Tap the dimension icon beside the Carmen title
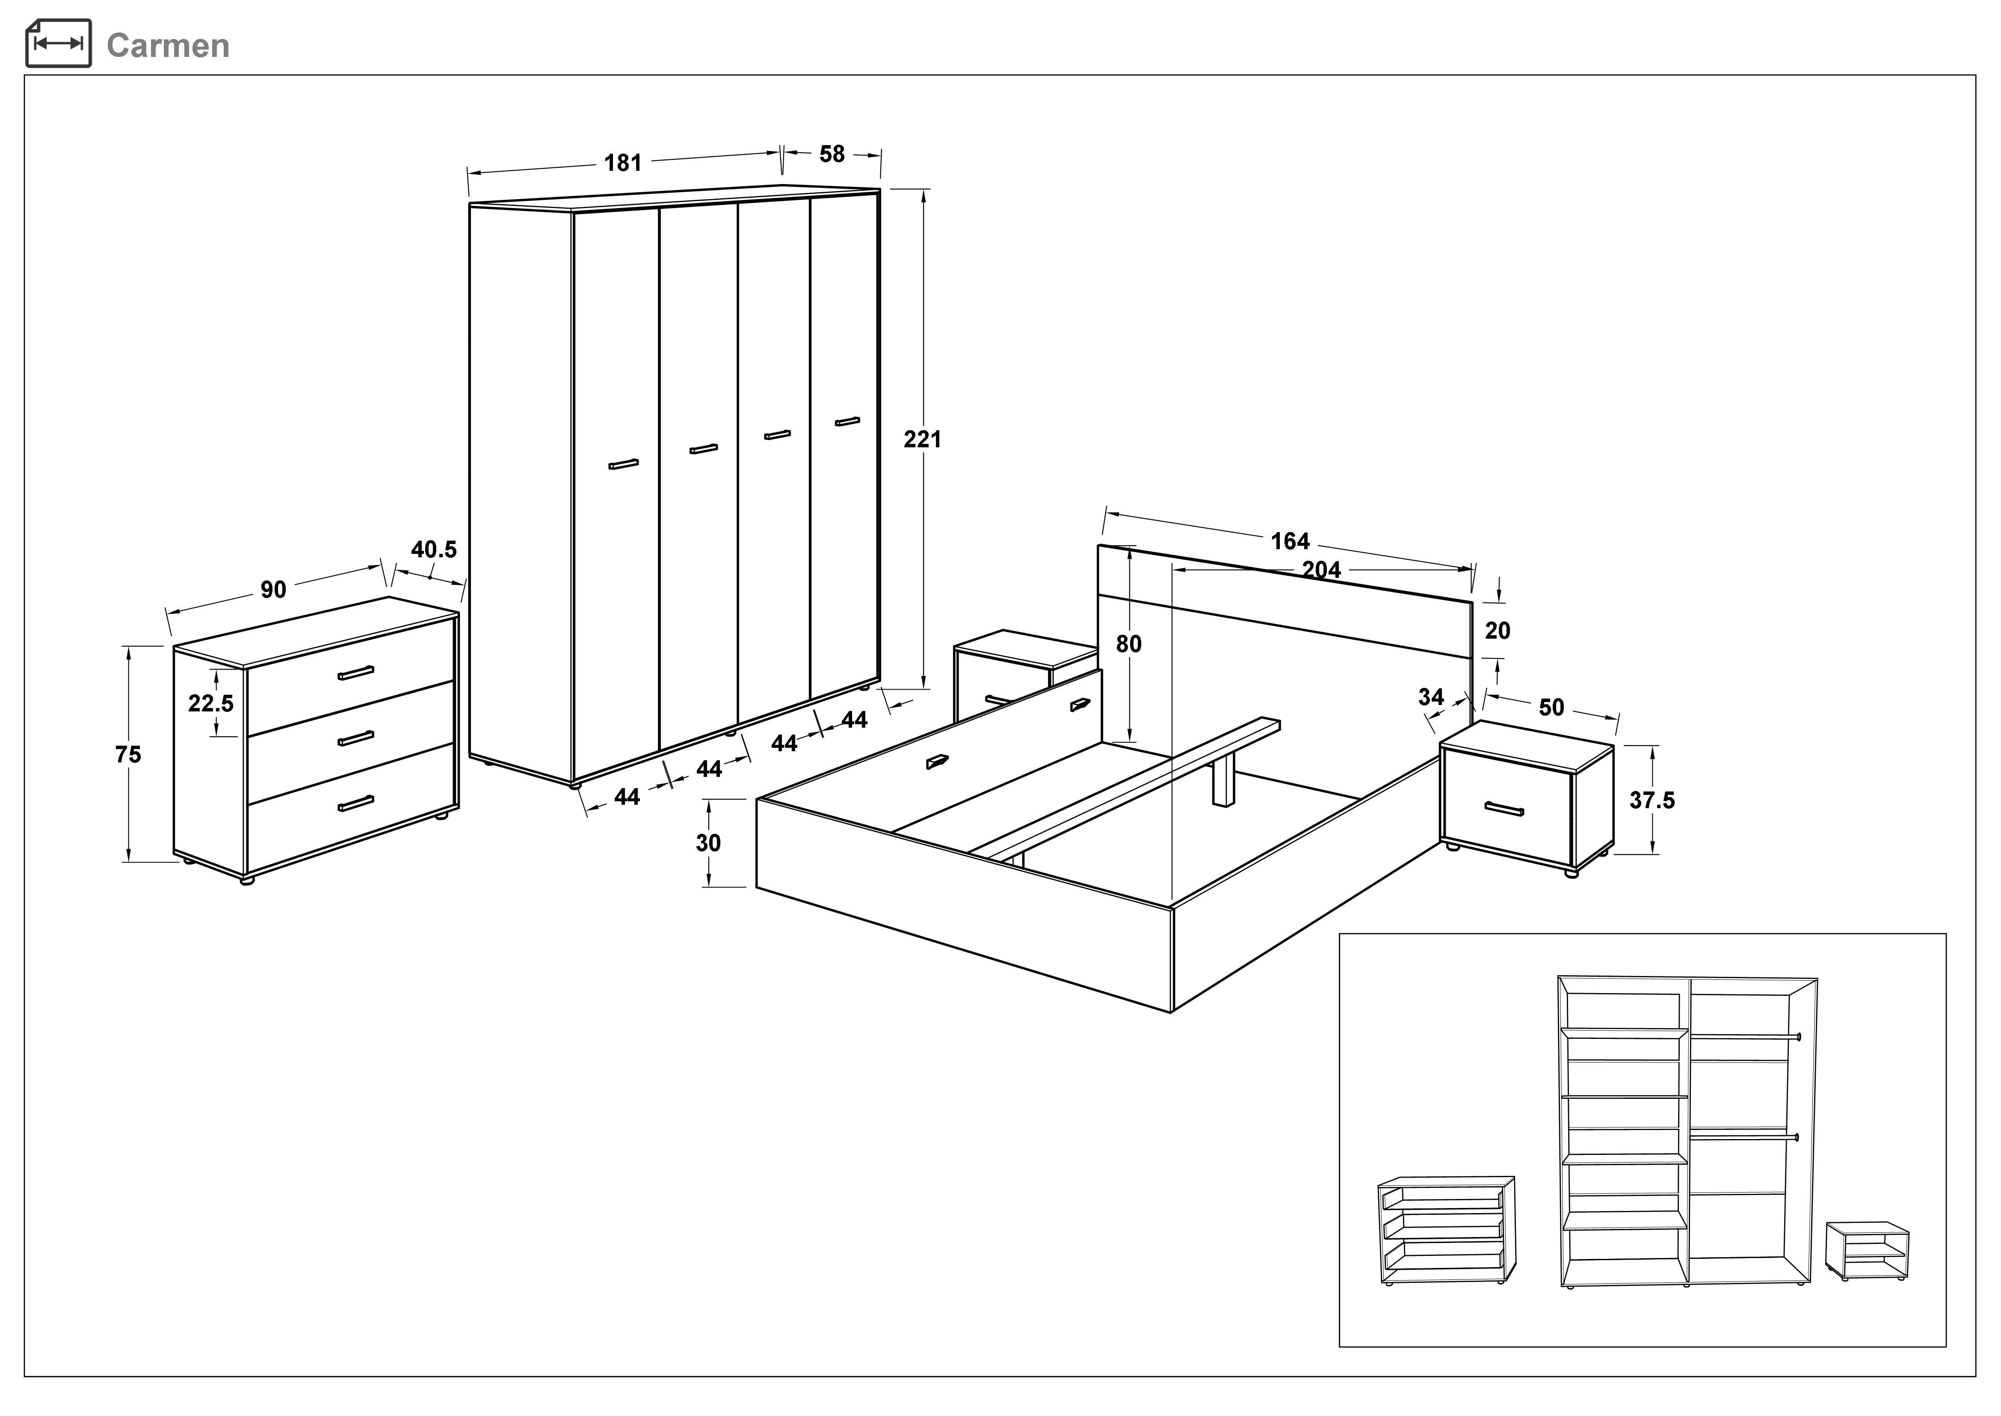tap(59, 43)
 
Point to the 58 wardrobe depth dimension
tap(832, 155)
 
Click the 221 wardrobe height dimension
tap(922, 440)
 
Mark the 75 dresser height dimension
tap(128, 754)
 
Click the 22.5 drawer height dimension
tap(211, 703)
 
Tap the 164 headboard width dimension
tap(1290, 541)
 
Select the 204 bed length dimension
tap(1321, 570)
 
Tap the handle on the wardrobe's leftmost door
tap(623, 465)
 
